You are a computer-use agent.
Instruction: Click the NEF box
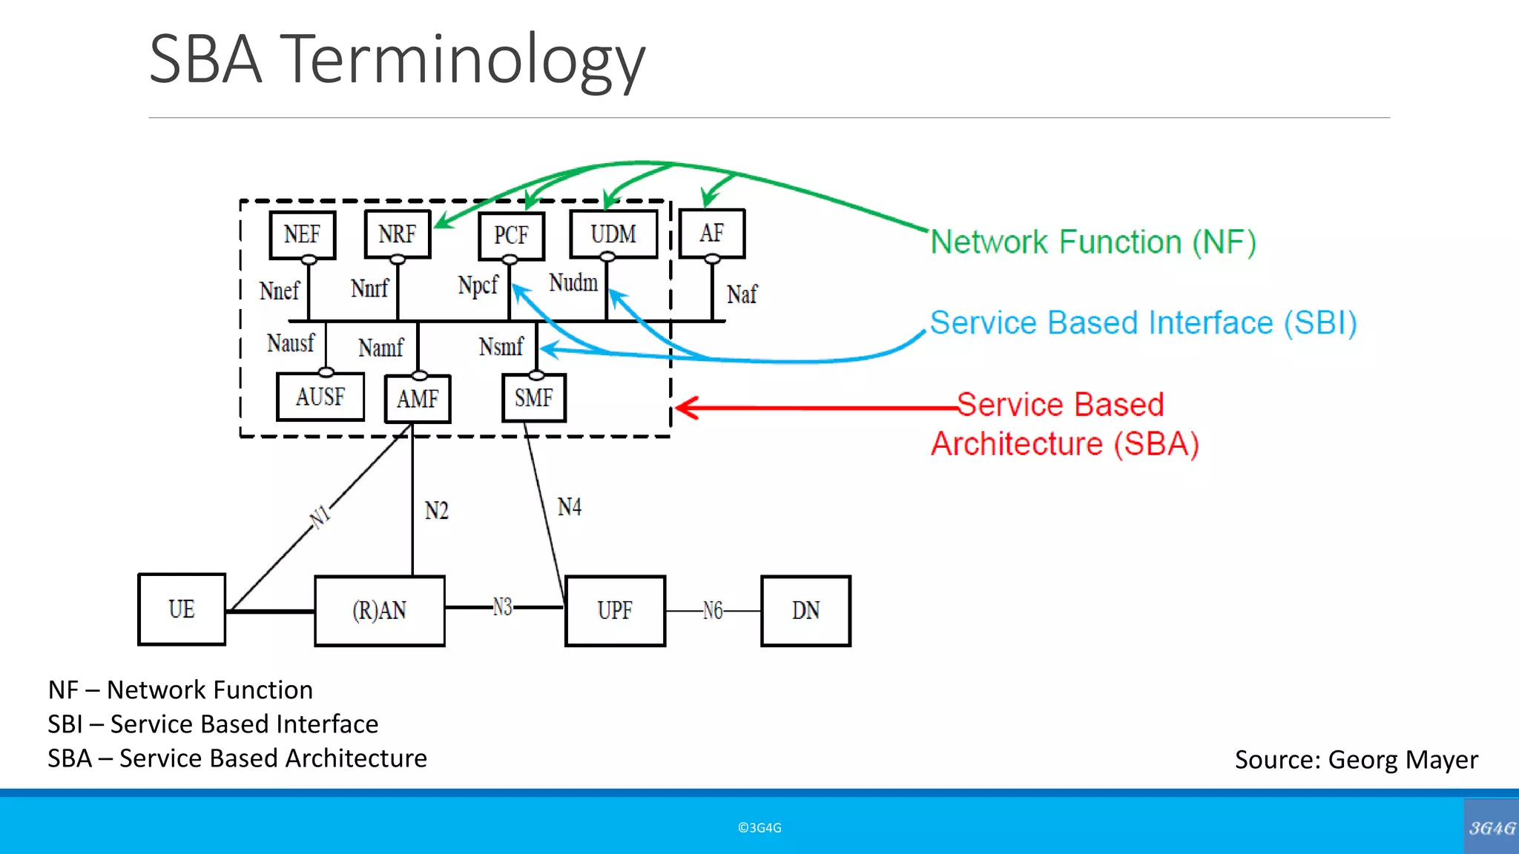point(302,235)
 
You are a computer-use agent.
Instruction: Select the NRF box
point(397,234)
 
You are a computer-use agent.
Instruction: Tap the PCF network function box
point(511,236)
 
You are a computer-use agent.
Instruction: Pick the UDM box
point(613,234)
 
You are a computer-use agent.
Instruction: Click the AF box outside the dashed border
point(711,234)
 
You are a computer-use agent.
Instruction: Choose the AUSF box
point(320,397)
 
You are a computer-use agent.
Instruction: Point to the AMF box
point(418,399)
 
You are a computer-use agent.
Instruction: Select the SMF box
point(533,398)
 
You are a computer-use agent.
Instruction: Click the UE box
point(182,609)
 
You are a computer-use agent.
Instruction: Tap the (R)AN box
point(379,611)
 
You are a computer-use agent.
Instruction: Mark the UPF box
point(615,611)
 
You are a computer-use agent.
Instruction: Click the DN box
point(805,611)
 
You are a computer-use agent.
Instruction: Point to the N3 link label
point(502,608)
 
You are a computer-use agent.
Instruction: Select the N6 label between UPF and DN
point(712,611)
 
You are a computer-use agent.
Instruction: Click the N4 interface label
point(570,507)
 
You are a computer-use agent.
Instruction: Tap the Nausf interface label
point(290,343)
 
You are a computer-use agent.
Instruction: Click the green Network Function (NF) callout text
point(1093,242)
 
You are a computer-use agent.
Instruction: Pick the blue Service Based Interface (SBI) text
point(1143,323)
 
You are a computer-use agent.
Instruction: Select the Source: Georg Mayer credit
point(1356,760)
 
